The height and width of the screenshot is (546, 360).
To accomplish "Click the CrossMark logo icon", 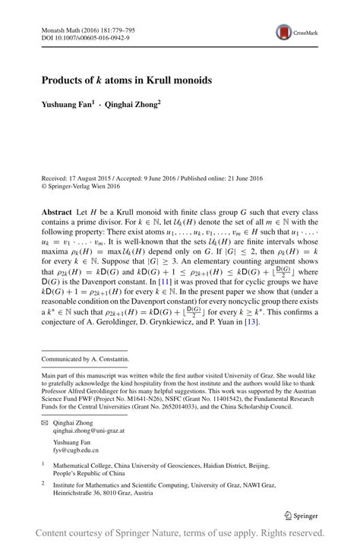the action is pyautogui.click(x=283, y=32).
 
